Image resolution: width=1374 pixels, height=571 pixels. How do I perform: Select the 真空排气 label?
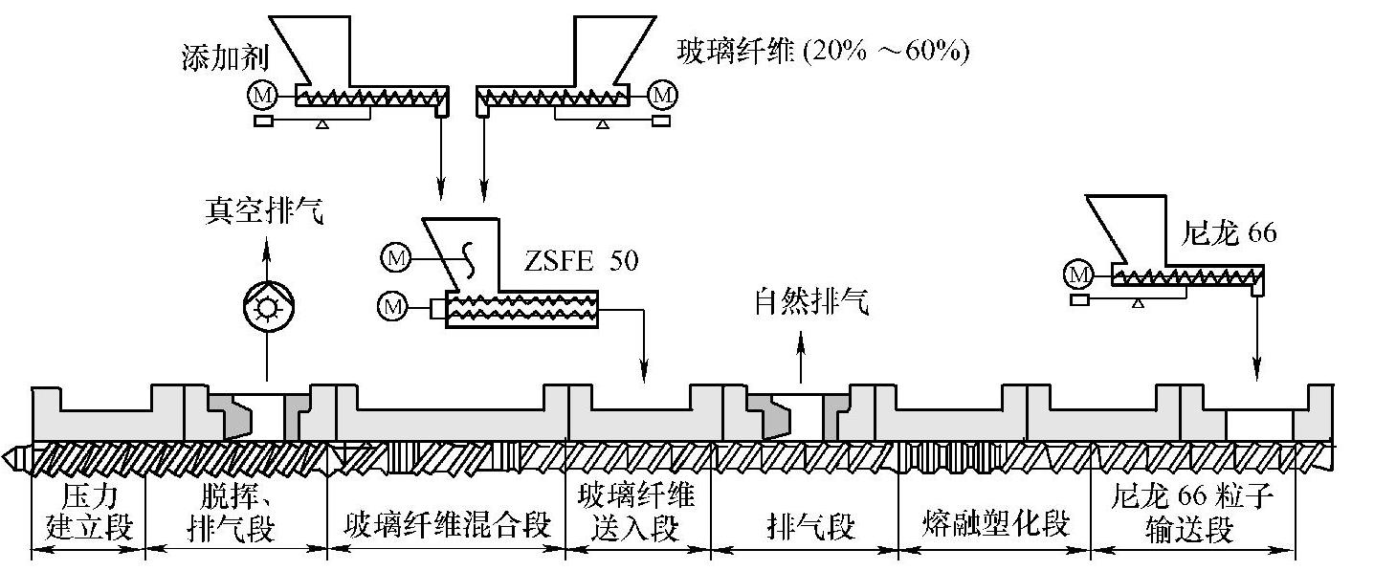[x=264, y=210]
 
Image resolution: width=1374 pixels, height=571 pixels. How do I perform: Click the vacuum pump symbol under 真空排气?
[x=267, y=308]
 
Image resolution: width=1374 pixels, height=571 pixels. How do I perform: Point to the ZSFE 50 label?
[x=581, y=260]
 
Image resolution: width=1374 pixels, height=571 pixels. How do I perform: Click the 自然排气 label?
[x=801, y=304]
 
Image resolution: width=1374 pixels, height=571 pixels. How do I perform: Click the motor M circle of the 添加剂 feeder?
[x=261, y=95]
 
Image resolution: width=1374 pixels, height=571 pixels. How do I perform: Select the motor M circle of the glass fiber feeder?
[x=662, y=95]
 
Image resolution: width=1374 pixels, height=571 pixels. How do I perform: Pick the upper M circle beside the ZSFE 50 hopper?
[x=394, y=255]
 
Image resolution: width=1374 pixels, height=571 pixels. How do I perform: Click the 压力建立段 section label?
[x=88, y=512]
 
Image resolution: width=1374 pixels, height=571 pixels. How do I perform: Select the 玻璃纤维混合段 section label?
[x=447, y=524]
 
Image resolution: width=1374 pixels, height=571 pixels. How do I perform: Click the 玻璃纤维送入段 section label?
[x=637, y=512]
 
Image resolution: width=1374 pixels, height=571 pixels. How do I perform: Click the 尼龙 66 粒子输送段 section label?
[x=1193, y=513]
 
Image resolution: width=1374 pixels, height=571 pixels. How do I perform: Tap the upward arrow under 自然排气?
[x=802, y=361]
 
